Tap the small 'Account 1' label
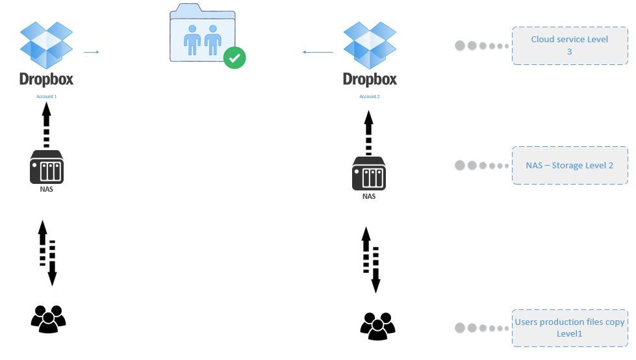(46, 96)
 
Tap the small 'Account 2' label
(370, 96)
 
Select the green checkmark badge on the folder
(235, 58)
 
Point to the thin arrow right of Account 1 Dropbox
(92, 52)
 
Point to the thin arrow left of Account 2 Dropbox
(318, 52)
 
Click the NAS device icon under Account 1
(47, 168)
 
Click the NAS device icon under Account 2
(369, 174)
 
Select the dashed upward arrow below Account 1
(46, 125)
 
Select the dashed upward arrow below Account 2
(369, 133)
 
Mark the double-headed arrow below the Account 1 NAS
(47, 253)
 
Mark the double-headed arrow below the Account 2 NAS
(371, 259)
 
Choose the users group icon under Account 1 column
(49, 319)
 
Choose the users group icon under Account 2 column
(377, 326)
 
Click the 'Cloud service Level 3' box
(570, 45)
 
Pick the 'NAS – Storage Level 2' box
(570, 165)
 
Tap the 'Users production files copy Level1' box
(570, 328)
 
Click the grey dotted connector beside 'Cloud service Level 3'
(481, 45)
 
